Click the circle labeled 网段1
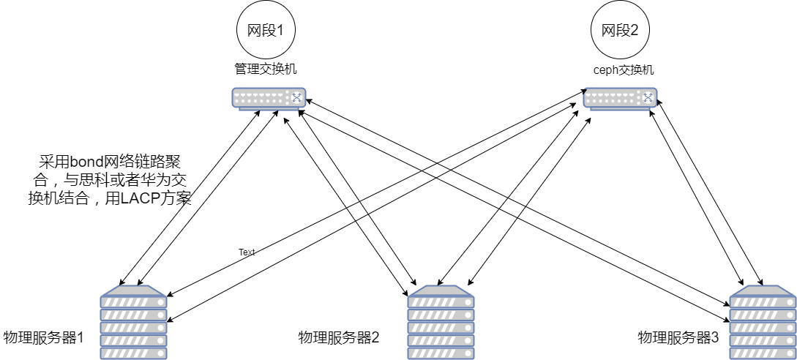point(265,31)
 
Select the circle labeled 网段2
point(620,31)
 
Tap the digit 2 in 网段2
point(634,31)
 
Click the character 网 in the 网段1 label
point(253,31)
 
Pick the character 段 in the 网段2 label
point(621,31)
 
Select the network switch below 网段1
point(269,98)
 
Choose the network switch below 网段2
point(620,98)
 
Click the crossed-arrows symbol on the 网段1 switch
point(296,97)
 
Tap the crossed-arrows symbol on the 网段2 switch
point(648,97)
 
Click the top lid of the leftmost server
point(133,290)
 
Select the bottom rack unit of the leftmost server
point(133,353)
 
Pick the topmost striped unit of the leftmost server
point(133,302)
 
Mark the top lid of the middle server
point(441,290)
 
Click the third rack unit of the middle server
point(441,328)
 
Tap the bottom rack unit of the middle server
point(441,353)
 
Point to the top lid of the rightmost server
point(763,290)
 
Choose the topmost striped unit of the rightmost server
point(763,302)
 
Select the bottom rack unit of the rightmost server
point(763,353)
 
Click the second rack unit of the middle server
point(441,315)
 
